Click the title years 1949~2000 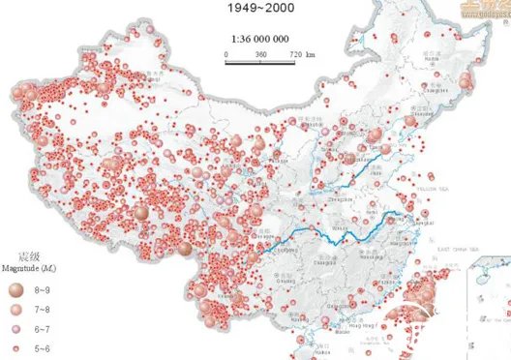pyautogui.click(x=259, y=8)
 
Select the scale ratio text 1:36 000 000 pyautogui.click(x=259, y=40)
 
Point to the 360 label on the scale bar pyautogui.click(x=259, y=54)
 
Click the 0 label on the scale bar pyautogui.click(x=225, y=54)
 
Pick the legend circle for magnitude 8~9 pyautogui.click(x=15, y=288)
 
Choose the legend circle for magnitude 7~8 pyautogui.click(x=15, y=308)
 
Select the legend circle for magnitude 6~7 pyautogui.click(x=15, y=326)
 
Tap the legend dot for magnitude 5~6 pyautogui.click(x=15, y=345)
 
